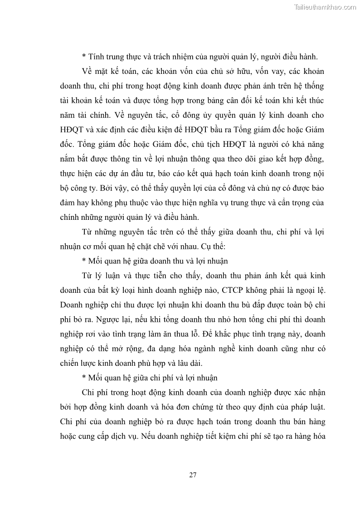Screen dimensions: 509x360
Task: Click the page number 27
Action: (x=192, y=475)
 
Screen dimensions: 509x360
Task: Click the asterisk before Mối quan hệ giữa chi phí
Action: (x=84, y=378)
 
